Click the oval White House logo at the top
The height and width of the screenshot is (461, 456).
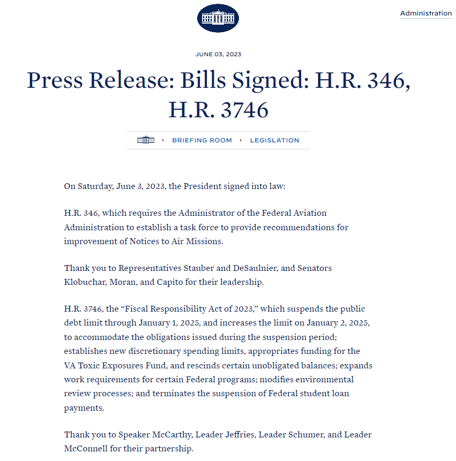(x=218, y=18)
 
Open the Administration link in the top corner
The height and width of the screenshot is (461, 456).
(x=425, y=13)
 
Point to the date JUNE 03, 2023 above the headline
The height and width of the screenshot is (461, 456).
(x=218, y=55)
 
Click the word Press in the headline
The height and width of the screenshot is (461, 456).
(x=54, y=80)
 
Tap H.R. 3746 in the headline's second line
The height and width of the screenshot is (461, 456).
(x=218, y=110)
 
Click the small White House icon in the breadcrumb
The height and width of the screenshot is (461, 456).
(x=146, y=140)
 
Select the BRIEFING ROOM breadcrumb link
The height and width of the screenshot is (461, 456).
(x=202, y=140)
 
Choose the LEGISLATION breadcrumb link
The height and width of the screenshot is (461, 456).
(x=274, y=140)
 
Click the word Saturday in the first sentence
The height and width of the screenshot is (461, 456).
(x=95, y=186)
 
